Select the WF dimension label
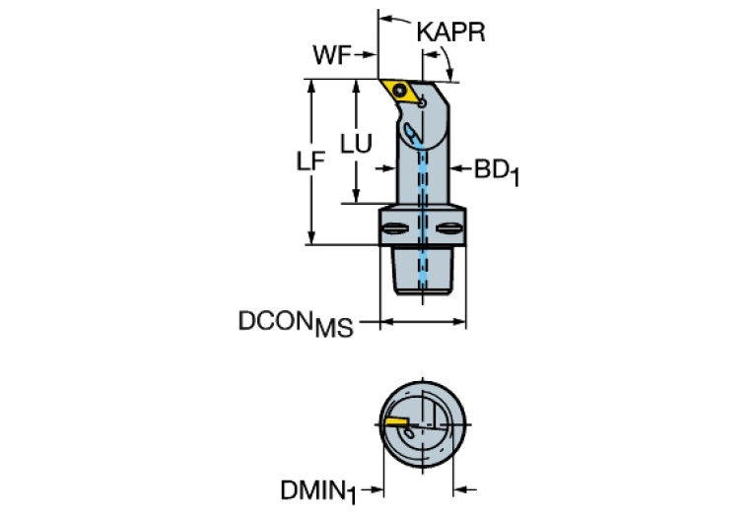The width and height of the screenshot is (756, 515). [x=332, y=55]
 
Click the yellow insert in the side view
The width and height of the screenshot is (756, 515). [x=401, y=91]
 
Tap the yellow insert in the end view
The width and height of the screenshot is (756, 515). [x=396, y=423]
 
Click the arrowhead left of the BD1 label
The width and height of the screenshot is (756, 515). [x=456, y=169]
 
